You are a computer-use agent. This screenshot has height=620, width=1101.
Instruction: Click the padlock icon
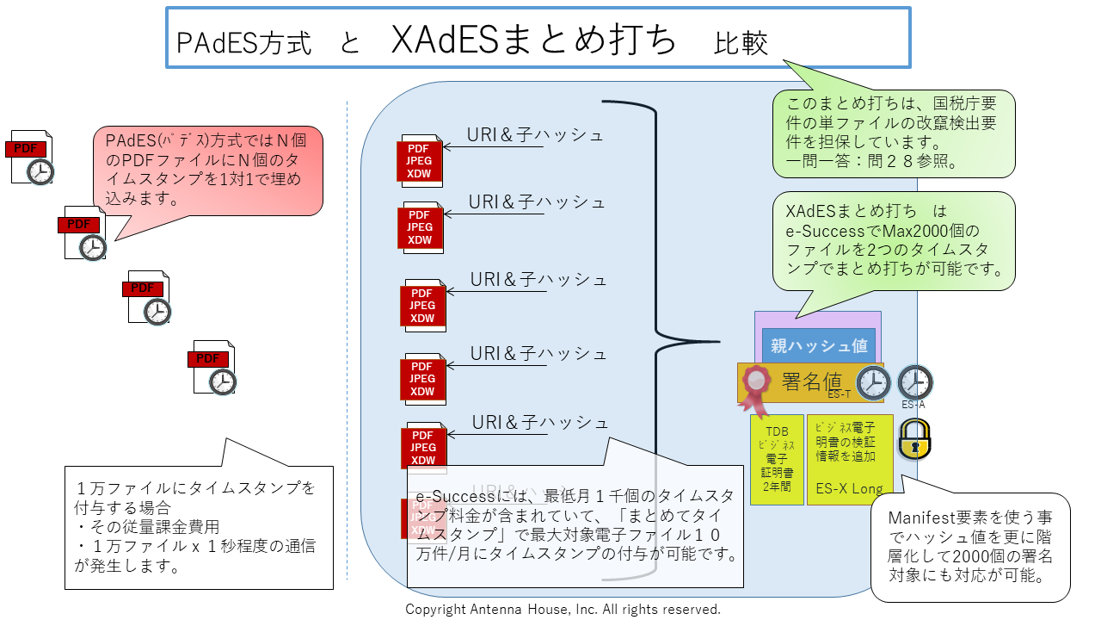coord(913,438)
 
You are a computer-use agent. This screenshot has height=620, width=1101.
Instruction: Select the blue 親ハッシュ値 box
coord(818,346)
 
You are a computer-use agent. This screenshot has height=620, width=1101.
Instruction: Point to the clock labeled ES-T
coord(873,383)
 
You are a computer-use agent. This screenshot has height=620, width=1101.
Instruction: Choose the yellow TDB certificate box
coord(777,459)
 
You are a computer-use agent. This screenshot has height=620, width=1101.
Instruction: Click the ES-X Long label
coord(849,489)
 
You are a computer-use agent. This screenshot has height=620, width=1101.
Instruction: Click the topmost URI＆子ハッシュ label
coord(534,135)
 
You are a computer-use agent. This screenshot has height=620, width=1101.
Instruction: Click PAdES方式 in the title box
coord(243,43)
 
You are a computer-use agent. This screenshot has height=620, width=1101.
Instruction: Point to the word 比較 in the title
coord(741,43)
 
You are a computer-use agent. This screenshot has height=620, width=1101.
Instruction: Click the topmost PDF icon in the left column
coord(32,157)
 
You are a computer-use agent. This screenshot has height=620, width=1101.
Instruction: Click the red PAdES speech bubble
coord(207,169)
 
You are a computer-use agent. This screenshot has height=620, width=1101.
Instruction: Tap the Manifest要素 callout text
coord(970,546)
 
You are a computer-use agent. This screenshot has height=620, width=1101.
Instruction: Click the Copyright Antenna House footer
coord(563,610)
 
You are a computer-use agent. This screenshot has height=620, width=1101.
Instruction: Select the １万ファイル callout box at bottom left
coord(199,527)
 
